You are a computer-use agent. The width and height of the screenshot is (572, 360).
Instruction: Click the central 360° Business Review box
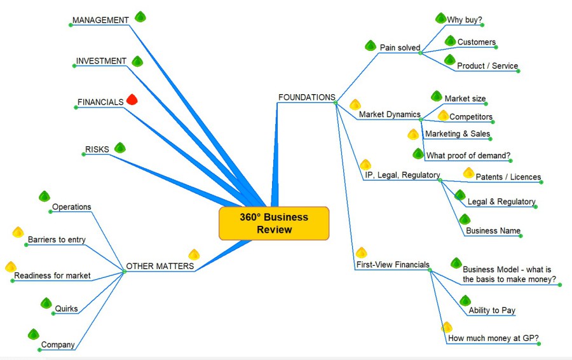click(274, 223)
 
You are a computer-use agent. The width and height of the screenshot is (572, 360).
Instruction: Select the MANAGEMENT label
click(100, 20)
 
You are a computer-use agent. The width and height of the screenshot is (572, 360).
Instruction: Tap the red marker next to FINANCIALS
click(132, 99)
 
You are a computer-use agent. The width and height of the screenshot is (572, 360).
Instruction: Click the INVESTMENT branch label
click(101, 61)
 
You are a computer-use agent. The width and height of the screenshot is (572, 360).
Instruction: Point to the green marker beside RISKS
click(119, 148)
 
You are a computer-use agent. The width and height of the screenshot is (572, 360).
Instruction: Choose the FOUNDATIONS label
click(306, 97)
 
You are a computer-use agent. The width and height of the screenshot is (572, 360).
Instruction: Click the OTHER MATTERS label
click(160, 267)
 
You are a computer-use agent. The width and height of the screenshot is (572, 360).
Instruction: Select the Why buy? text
click(464, 20)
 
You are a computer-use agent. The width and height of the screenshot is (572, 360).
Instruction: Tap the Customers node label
click(476, 43)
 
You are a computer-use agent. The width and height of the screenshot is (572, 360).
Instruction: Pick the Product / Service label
click(487, 66)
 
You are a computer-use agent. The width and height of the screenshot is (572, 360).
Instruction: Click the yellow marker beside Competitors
click(444, 116)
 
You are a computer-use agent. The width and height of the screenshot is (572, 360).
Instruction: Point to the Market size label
click(465, 99)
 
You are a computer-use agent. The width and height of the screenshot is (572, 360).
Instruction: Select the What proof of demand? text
click(468, 156)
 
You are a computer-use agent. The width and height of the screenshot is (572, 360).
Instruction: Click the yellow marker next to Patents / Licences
click(469, 172)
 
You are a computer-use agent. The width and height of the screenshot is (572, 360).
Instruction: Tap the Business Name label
click(493, 231)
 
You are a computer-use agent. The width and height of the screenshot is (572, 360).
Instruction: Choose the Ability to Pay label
click(491, 310)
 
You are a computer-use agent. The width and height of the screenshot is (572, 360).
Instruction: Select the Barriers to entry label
click(57, 240)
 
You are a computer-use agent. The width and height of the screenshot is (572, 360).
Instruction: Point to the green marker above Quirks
click(46, 303)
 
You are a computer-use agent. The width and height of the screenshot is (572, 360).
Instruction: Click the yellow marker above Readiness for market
click(11, 267)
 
